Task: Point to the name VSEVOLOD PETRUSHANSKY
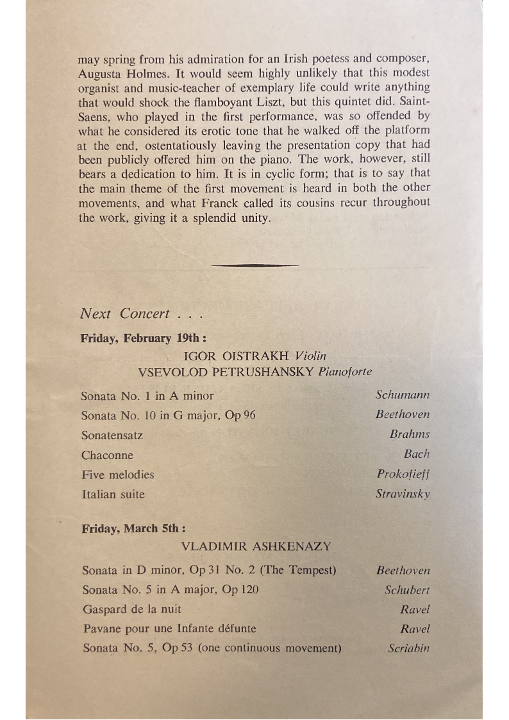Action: tap(226, 372)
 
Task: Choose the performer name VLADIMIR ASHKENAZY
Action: tap(256, 547)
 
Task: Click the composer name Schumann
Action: tap(403, 395)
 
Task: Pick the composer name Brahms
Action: tap(410, 434)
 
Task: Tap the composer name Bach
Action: tap(417, 454)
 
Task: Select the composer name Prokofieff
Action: tap(403, 474)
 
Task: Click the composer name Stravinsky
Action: tap(403, 494)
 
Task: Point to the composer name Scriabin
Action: tap(408, 648)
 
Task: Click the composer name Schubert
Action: tap(407, 590)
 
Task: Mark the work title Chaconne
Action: tap(107, 455)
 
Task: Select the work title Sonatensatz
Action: tap(112, 435)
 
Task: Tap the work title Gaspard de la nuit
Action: tap(132, 609)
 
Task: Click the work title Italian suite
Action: tap(113, 494)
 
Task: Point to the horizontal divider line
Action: tap(254, 265)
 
